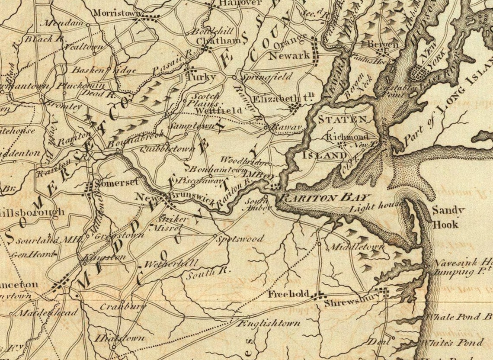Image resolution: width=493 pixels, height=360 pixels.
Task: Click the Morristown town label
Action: [x=115, y=13]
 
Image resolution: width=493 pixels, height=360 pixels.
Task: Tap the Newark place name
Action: [x=289, y=55]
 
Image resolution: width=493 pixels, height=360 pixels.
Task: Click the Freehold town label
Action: [x=288, y=294]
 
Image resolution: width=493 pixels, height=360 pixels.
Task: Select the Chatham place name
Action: [x=218, y=40]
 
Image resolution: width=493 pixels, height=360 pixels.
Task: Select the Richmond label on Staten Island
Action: [x=347, y=137]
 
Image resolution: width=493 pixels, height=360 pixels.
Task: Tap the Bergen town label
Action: [x=382, y=44]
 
